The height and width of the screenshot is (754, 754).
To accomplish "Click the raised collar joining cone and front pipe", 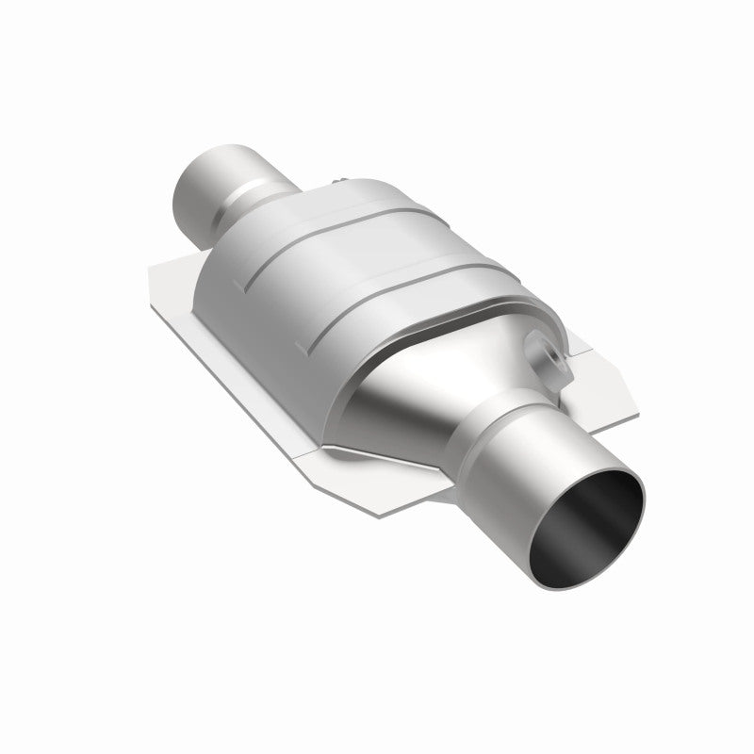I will click(x=504, y=426).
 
